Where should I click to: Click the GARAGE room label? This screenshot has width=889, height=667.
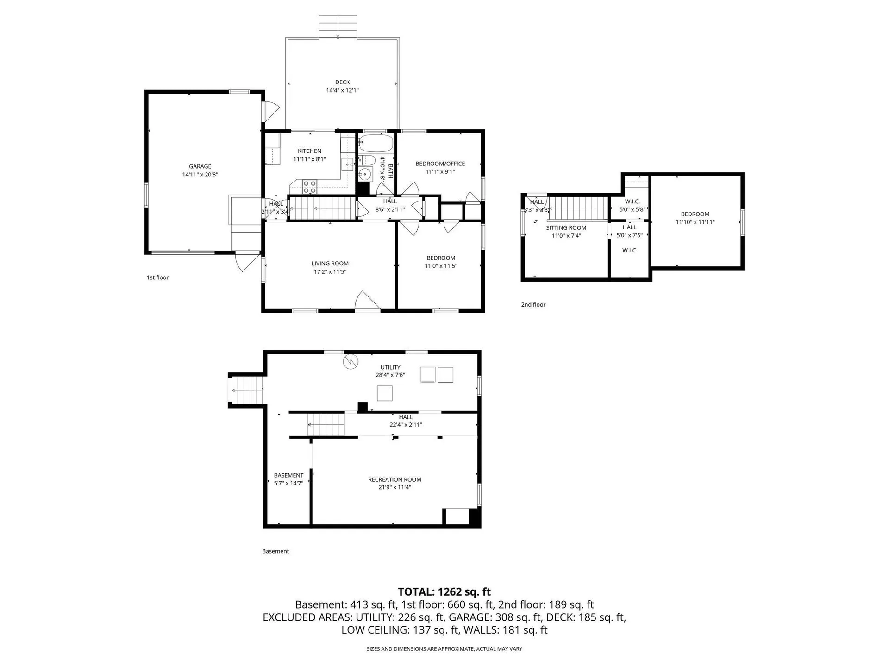(200, 166)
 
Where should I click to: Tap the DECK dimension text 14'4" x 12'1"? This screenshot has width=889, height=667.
(342, 90)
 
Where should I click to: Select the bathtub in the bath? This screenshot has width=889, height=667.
(376, 143)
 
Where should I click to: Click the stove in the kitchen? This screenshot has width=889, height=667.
(309, 187)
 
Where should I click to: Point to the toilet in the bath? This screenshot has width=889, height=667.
(367, 160)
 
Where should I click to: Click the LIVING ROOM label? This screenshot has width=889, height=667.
(330, 264)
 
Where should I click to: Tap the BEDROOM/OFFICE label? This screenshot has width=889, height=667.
(440, 164)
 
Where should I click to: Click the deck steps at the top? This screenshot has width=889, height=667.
(338, 27)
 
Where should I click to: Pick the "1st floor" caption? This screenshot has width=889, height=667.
(158, 277)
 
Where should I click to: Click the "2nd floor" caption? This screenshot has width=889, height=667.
(533, 304)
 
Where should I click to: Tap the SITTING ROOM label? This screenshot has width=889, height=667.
(566, 227)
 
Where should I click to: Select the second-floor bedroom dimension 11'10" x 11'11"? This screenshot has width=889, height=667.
(695, 222)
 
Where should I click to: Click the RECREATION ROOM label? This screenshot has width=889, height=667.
(394, 479)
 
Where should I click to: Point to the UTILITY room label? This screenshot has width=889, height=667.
(390, 367)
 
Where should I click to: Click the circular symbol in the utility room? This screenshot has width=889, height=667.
(351, 361)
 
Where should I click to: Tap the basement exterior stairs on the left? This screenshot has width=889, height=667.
(247, 390)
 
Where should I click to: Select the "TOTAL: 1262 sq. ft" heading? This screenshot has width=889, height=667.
(444, 591)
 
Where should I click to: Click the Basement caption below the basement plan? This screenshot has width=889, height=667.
(275, 551)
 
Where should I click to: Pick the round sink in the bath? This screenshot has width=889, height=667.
(366, 175)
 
